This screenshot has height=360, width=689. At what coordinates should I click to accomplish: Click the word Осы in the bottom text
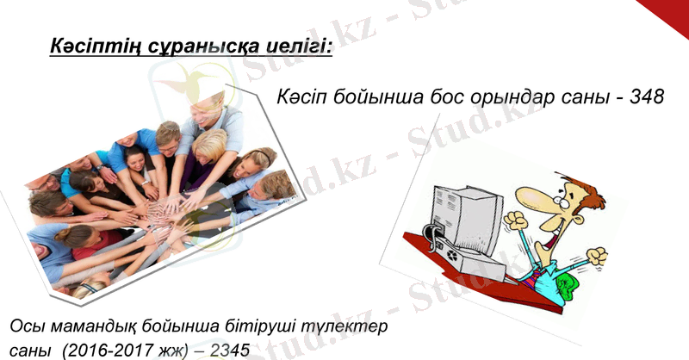(28, 328)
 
